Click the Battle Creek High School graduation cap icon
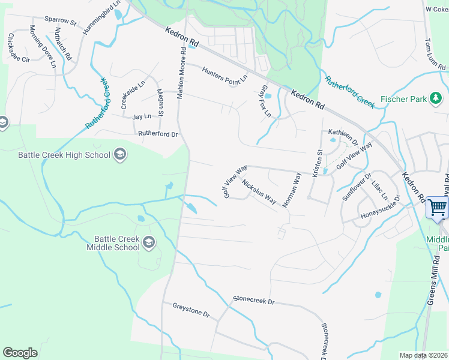coord(119,155)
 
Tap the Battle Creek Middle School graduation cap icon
coord(148,243)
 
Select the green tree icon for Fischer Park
coord(436,98)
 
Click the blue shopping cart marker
coord(438,207)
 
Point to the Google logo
coord(20,353)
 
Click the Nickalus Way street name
coord(259,191)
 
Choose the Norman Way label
coord(292,190)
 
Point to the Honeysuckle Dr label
coord(379,211)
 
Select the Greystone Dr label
coord(190,314)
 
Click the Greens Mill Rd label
coord(431,281)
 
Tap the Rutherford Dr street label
coord(158,134)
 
